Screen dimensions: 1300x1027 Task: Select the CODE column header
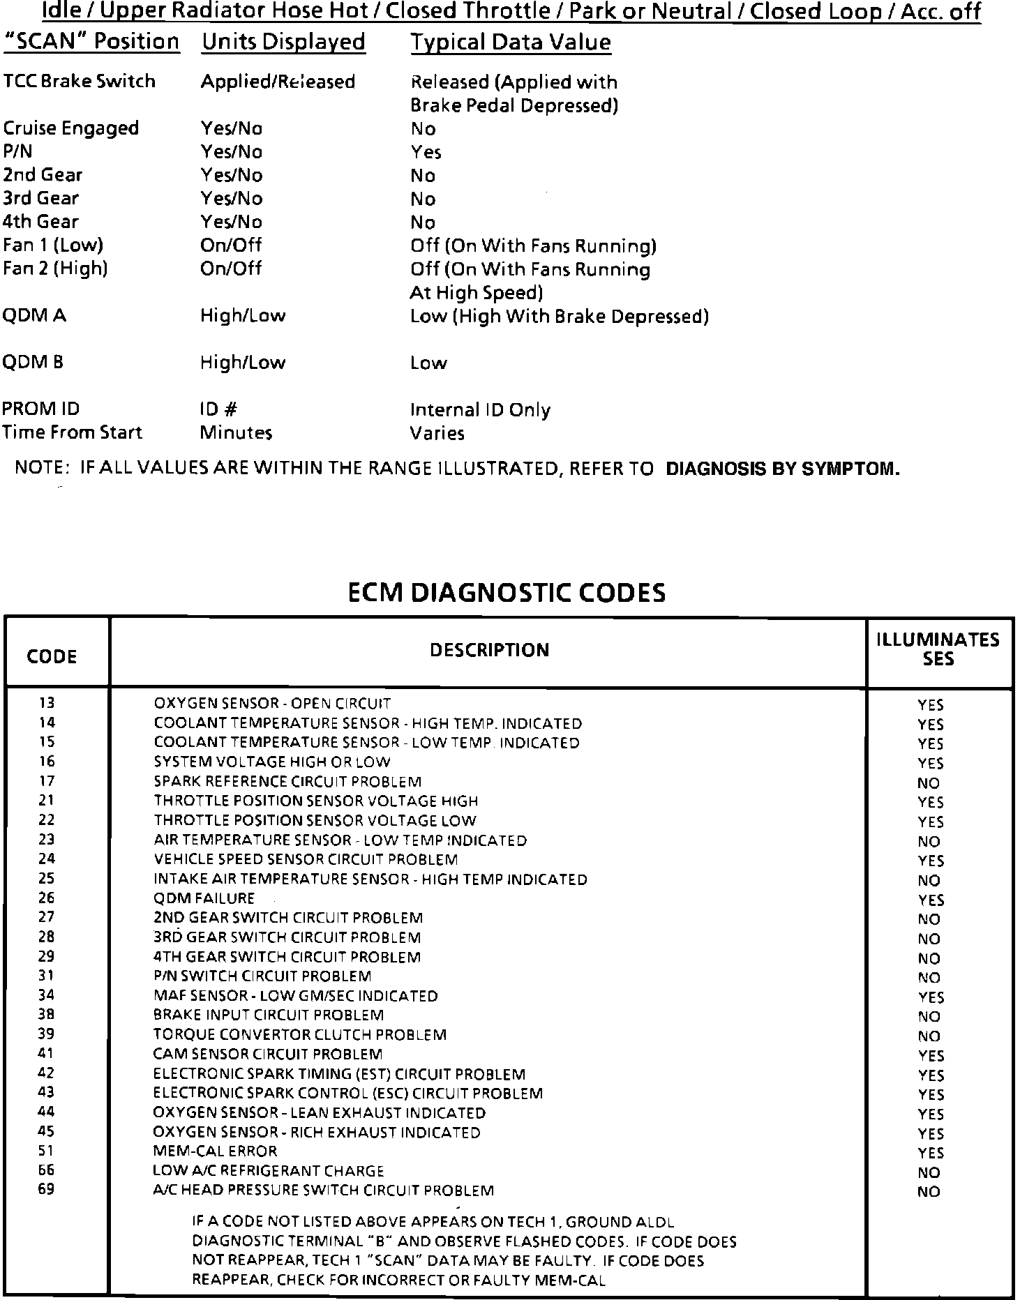click(x=52, y=656)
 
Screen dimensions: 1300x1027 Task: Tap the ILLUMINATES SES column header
click(x=938, y=649)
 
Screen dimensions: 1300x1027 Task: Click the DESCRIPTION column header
click(x=489, y=650)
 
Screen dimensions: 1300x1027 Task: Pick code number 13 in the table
click(x=47, y=703)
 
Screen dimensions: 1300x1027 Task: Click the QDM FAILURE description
click(x=204, y=898)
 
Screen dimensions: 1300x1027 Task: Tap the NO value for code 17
click(x=929, y=783)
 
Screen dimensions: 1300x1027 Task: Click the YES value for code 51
click(x=931, y=1154)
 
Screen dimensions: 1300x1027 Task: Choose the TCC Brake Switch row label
click(x=79, y=81)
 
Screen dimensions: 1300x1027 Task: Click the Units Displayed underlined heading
click(x=283, y=42)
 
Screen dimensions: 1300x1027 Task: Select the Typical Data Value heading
click(x=510, y=43)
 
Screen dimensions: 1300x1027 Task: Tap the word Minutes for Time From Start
click(x=236, y=433)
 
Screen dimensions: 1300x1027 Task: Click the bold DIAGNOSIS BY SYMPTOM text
click(x=783, y=469)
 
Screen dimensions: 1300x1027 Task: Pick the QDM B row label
click(x=33, y=363)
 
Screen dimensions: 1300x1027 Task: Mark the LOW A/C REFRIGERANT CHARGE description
click(x=268, y=1171)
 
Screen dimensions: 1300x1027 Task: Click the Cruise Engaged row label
click(x=70, y=128)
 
